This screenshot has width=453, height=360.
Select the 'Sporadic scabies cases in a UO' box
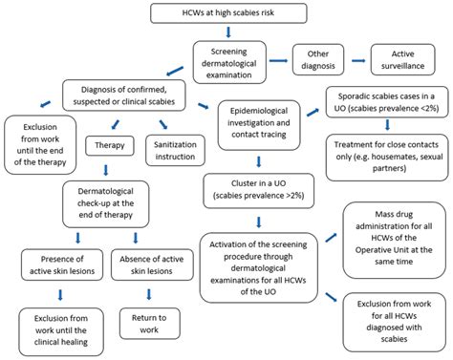coord(387,102)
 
